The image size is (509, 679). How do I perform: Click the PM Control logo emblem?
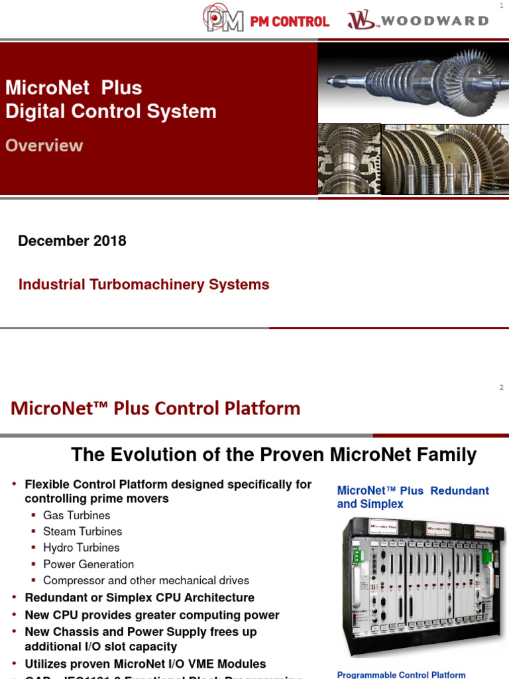pyautogui.click(x=223, y=20)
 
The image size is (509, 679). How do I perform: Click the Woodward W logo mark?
pyautogui.click(x=361, y=20)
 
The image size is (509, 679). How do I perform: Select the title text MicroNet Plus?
pyautogui.click(x=74, y=88)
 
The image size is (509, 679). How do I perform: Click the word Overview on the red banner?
pyautogui.click(x=44, y=145)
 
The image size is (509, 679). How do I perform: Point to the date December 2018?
pyautogui.click(x=72, y=241)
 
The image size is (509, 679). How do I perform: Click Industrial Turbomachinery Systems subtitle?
pyautogui.click(x=144, y=284)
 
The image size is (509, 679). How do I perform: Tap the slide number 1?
pyautogui.click(x=501, y=6)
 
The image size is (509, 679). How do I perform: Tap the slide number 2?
pyautogui.click(x=501, y=387)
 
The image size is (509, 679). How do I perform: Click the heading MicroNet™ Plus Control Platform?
pyautogui.click(x=155, y=408)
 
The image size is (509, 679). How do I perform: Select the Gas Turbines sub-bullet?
pyautogui.click(x=76, y=515)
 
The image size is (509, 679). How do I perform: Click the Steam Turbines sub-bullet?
pyautogui.click(x=82, y=531)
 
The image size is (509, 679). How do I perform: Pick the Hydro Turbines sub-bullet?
pyautogui.click(x=81, y=548)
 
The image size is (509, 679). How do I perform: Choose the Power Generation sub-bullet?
pyautogui.click(x=88, y=564)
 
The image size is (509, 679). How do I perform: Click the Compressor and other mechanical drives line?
pyautogui.click(x=146, y=580)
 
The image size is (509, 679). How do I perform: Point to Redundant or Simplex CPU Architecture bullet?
pyautogui.click(x=139, y=597)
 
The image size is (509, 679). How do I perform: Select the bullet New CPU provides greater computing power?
pyautogui.click(x=152, y=615)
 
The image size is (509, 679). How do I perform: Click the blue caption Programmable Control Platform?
pyautogui.click(x=401, y=674)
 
